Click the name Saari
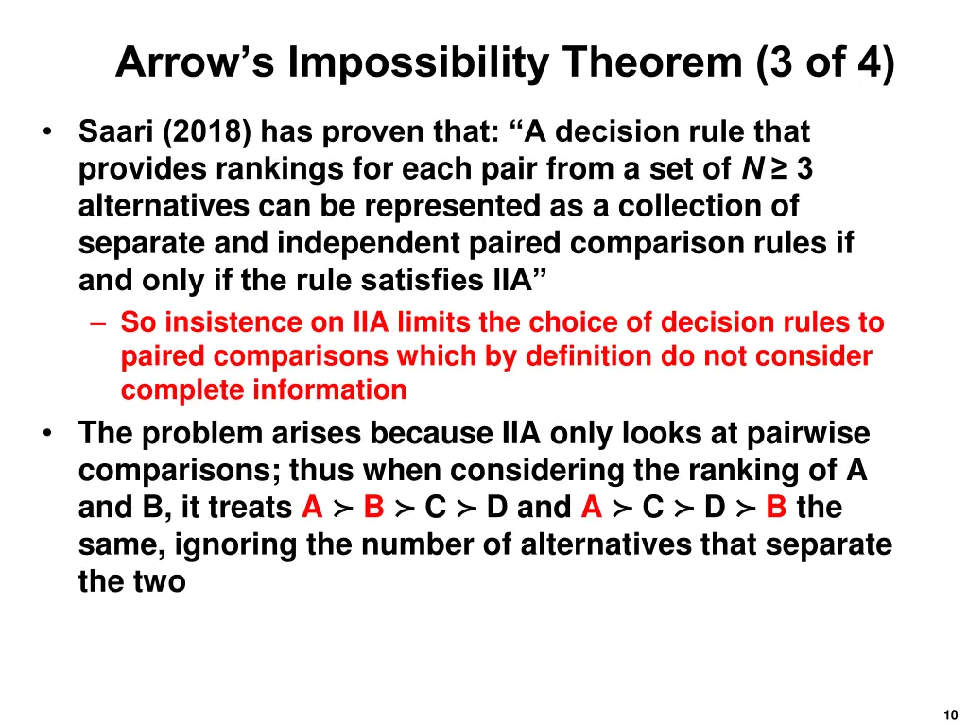click(116, 132)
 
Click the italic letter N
click(752, 169)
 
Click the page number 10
click(950, 716)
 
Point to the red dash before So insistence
click(101, 323)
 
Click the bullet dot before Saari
click(47, 132)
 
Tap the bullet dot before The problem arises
click(47, 433)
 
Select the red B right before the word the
click(777, 508)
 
